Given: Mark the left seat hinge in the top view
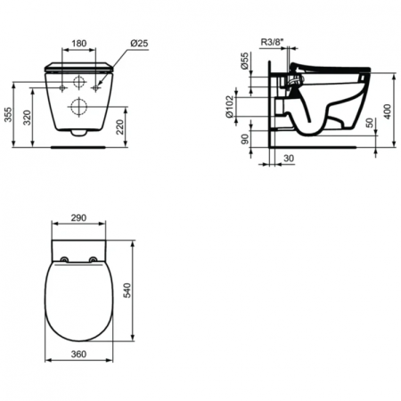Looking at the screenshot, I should coord(66,258).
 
